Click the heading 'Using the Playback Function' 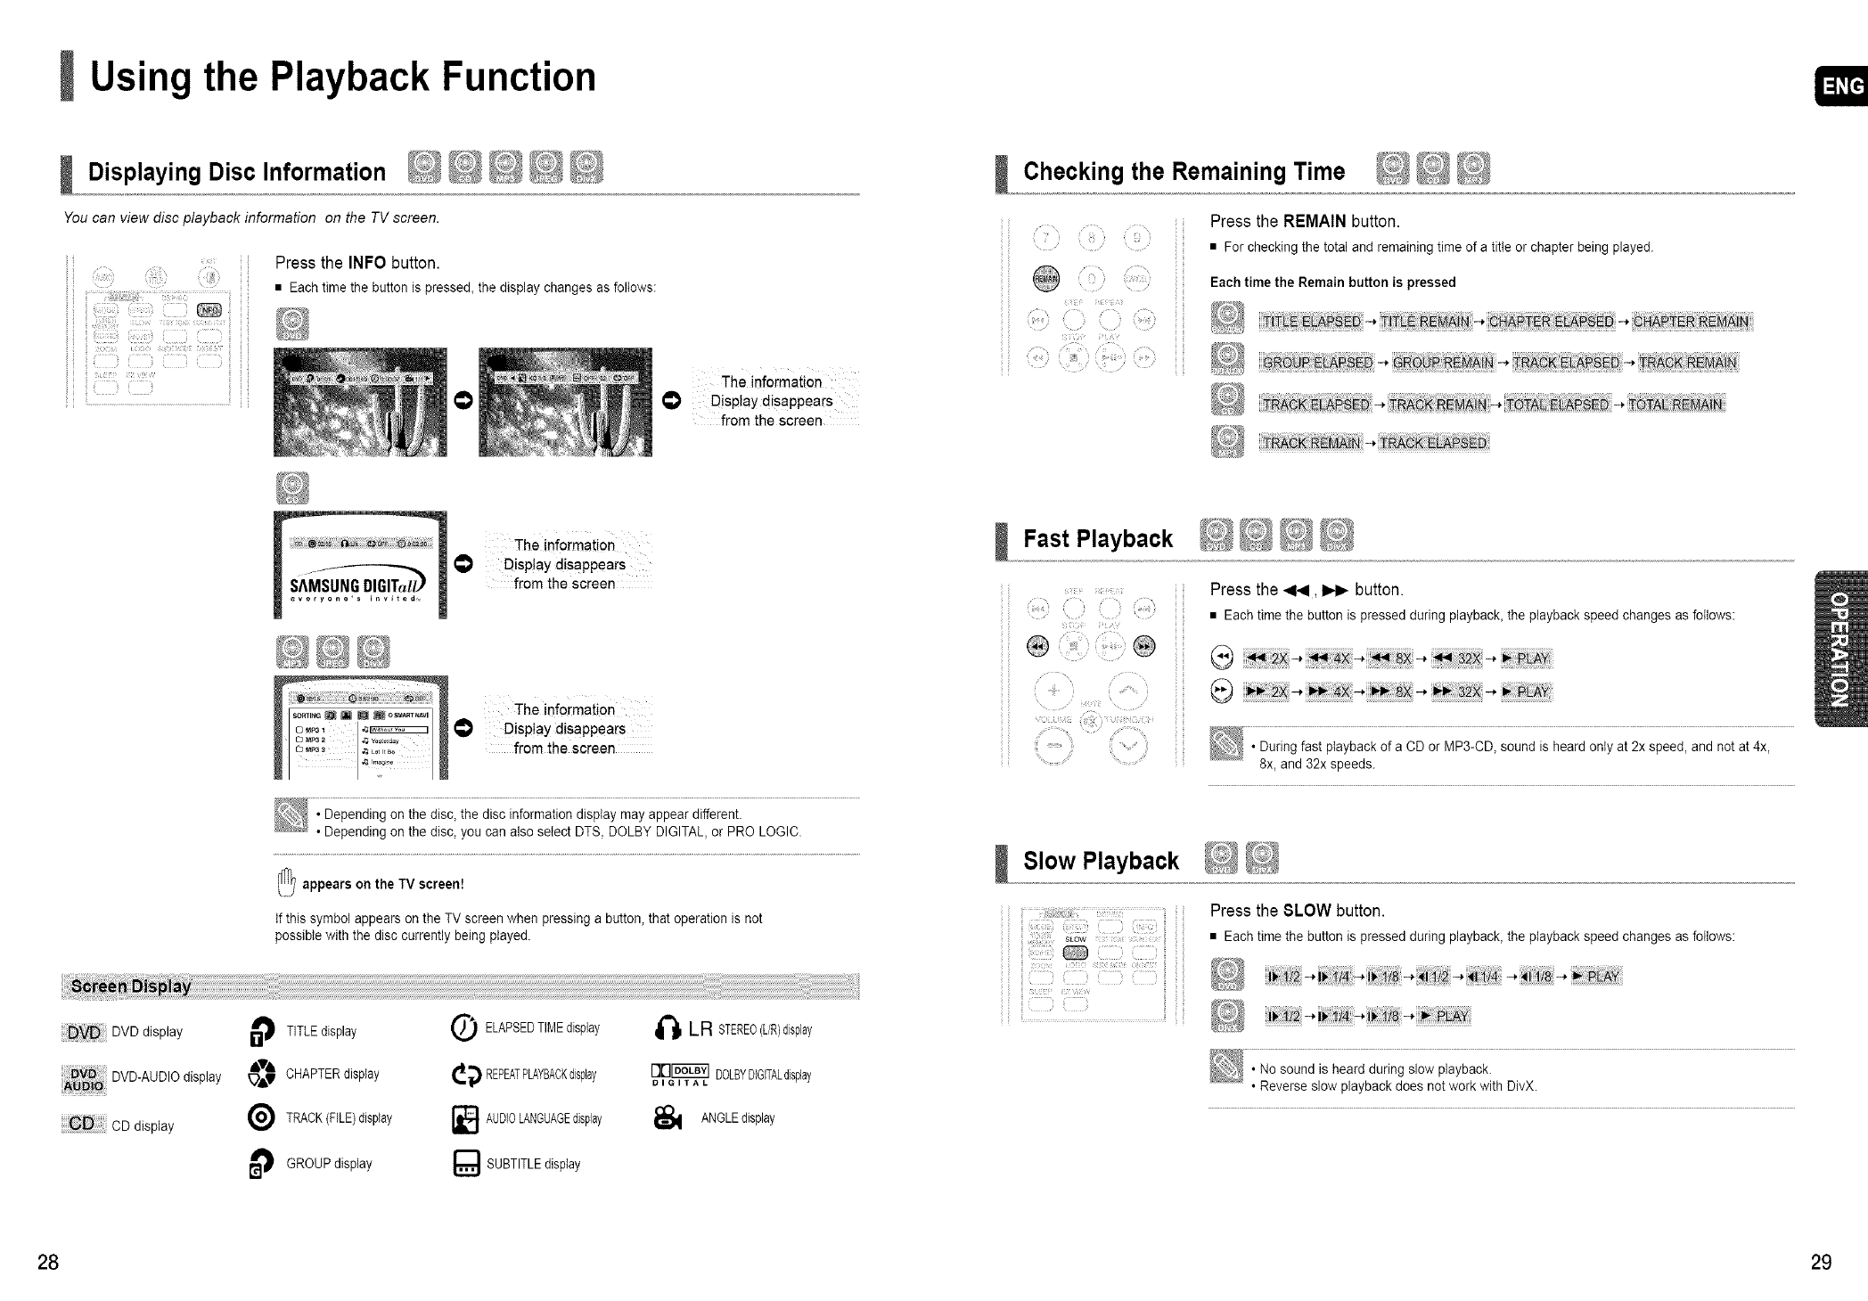[x=343, y=77]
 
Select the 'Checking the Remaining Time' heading [x=1184, y=171]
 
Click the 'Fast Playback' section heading [x=1097, y=538]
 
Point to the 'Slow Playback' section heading [x=1101, y=860]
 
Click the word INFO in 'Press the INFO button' [x=366, y=263]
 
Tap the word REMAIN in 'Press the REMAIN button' [x=1315, y=221]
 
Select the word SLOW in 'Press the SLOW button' [x=1307, y=911]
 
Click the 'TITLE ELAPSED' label [x=1310, y=322]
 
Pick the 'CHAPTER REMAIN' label [x=1691, y=322]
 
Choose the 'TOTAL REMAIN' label [x=1676, y=405]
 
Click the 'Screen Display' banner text [x=131, y=986]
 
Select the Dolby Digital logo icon [x=680, y=1075]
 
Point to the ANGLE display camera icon [x=668, y=1118]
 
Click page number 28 [x=48, y=1262]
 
